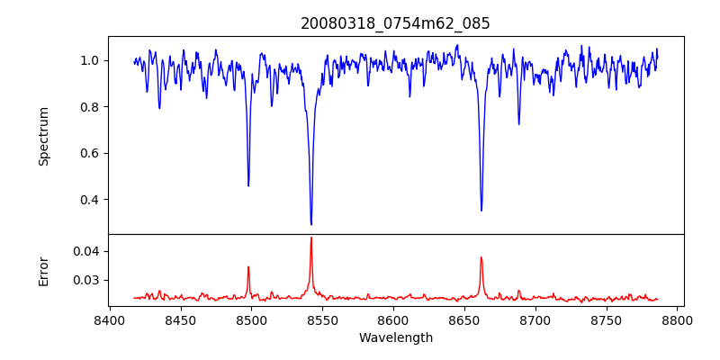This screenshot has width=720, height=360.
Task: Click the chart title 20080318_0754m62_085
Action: coord(395,23)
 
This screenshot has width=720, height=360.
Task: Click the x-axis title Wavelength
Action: coord(395,337)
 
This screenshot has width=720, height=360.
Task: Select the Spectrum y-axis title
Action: coord(43,136)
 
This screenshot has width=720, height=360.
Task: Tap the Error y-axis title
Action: coord(43,271)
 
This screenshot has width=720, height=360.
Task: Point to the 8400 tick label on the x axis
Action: coord(109,320)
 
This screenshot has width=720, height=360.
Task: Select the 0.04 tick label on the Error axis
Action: coord(86,251)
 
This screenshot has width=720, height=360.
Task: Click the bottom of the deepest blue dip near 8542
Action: coord(311,224)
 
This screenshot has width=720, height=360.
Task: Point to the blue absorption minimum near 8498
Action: coord(248,185)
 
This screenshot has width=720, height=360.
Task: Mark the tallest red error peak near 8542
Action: coord(311,238)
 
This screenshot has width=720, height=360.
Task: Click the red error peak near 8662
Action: coord(481,257)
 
